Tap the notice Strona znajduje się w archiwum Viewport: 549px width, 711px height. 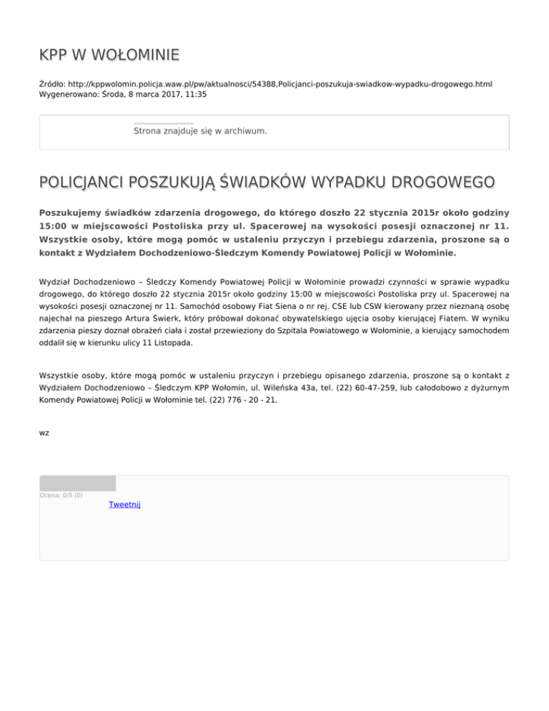click(x=200, y=132)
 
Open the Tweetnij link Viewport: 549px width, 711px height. click(x=124, y=505)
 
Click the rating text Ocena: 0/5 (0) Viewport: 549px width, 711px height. click(x=61, y=495)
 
